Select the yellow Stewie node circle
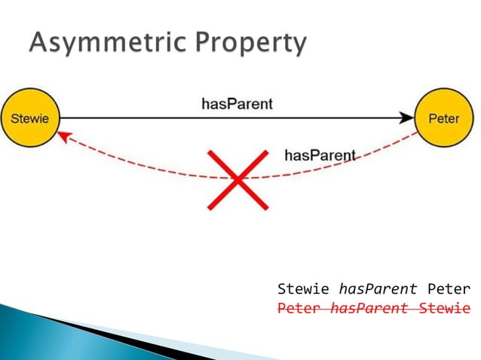[29, 118]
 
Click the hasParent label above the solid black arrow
[237, 104]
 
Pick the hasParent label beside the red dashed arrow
[320, 155]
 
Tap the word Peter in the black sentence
[448, 289]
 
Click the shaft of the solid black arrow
[151, 118]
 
